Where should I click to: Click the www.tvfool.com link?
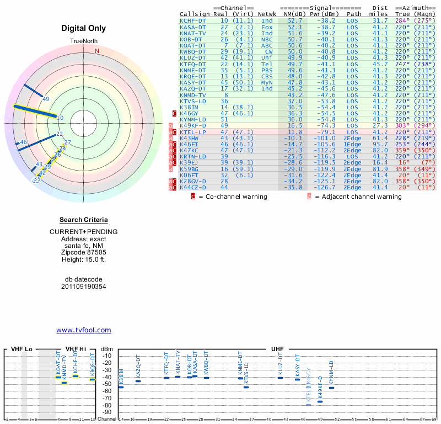(84, 330)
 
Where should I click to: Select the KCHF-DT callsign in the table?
(193, 20)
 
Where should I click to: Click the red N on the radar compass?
(97, 51)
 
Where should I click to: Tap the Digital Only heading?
(84, 28)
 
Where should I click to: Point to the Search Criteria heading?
(84, 220)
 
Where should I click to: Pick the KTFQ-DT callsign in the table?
(193, 63)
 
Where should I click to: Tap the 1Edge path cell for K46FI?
(354, 144)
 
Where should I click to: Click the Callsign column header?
(195, 14)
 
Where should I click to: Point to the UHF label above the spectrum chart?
(277, 349)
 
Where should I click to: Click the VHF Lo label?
(21, 349)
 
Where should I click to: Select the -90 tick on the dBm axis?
(107, 412)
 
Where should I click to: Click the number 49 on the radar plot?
(46, 99)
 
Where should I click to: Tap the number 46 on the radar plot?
(23, 142)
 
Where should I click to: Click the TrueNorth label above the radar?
(84, 42)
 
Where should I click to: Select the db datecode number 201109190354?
(84, 287)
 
